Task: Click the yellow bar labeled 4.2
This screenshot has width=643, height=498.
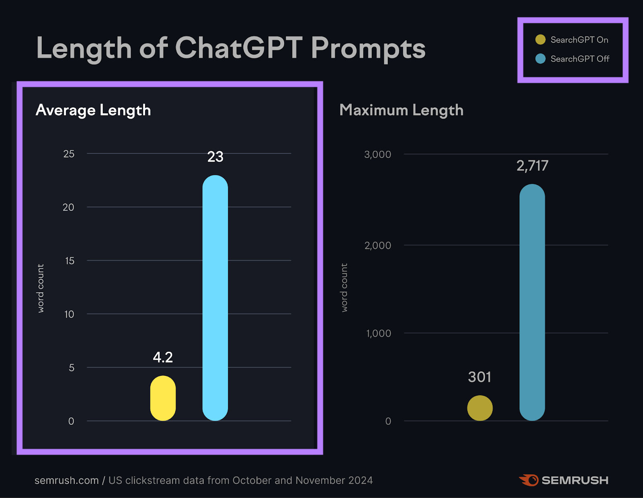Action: coord(163,398)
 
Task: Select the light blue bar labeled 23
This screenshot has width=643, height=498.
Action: coord(215,298)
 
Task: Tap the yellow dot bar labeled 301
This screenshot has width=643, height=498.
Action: coord(480,408)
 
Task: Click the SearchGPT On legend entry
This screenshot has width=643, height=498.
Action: coord(572,40)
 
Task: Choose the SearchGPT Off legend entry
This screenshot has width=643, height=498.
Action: coord(572,59)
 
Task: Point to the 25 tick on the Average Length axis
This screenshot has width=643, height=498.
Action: coord(69,154)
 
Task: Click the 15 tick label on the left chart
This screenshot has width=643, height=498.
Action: coord(70,261)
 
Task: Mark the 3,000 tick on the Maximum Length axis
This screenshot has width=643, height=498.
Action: coord(377,154)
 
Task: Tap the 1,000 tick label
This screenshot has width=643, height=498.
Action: coord(378,334)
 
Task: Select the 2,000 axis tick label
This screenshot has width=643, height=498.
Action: coord(377,246)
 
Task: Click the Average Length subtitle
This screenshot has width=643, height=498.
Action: coord(93,110)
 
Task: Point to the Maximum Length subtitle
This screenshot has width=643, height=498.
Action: coord(401,110)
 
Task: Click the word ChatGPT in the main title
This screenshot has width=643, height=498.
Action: coord(239,48)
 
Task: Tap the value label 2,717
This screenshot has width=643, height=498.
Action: coord(532,166)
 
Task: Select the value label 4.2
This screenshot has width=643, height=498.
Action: coord(163,357)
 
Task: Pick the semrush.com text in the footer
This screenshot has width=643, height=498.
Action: coord(66,480)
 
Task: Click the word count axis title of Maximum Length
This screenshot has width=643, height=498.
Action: coord(344,287)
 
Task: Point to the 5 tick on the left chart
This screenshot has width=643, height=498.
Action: coord(72,368)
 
